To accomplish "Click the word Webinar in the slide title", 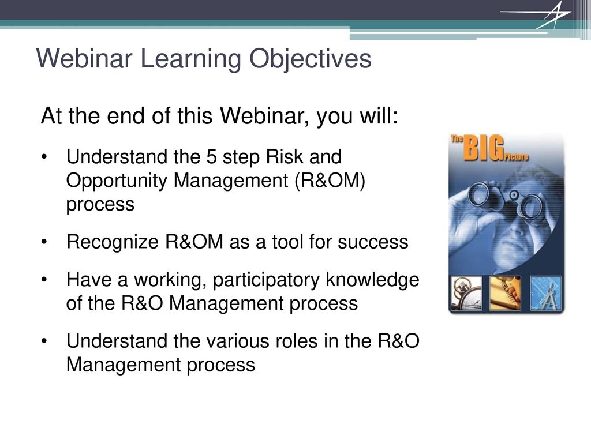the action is (x=84, y=58).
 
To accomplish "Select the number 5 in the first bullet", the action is (x=211, y=157).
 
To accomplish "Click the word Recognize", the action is (x=113, y=242).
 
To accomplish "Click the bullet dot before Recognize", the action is (x=44, y=242).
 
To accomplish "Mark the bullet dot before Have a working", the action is (x=44, y=280).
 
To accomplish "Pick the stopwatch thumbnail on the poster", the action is (x=466, y=294).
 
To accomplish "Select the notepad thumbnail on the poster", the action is (x=506, y=294).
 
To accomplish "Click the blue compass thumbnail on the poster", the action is (x=545, y=294).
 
